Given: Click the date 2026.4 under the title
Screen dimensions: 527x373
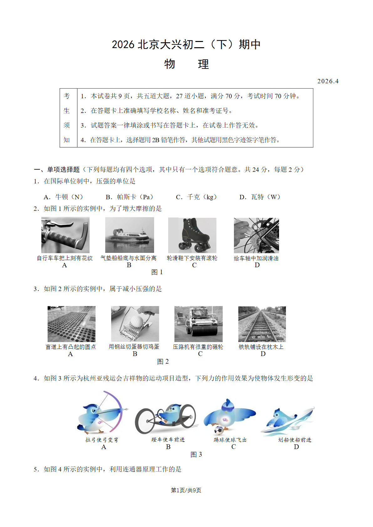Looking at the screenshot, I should [328, 81].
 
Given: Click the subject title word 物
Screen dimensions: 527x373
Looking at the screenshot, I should [169, 64].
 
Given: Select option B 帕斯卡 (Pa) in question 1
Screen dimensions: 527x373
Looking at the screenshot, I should [130, 197].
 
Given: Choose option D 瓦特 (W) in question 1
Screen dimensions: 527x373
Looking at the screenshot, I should [260, 197].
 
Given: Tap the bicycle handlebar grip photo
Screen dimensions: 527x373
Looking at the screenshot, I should [65, 235].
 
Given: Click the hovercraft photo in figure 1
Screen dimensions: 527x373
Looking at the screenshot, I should [130, 235].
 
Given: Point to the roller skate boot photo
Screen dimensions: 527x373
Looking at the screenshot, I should [192, 235].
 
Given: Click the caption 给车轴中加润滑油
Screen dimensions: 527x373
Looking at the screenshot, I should [256, 258].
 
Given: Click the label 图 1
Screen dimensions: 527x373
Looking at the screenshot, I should [157, 272].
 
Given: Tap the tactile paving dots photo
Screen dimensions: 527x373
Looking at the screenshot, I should [71, 324].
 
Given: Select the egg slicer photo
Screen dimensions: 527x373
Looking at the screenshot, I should [135, 324].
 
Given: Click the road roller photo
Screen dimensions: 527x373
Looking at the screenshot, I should [199, 324].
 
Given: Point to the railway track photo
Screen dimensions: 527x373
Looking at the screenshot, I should [262, 324].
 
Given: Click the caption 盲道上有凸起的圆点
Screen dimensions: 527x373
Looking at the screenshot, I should [71, 347].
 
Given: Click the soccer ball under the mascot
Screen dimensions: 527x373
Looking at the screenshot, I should [218, 431].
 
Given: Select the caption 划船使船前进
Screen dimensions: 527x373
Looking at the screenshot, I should [295, 440].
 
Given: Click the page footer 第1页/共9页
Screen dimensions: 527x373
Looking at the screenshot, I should [186, 490].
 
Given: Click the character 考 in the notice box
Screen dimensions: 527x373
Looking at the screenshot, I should [67, 96].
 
